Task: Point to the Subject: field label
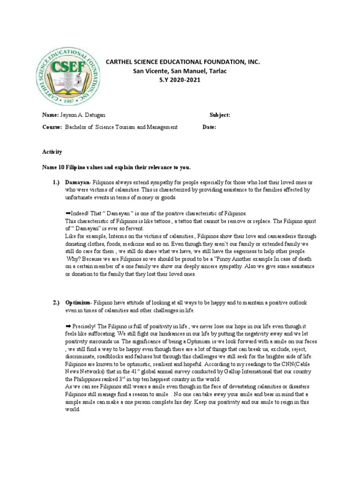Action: click(219, 115)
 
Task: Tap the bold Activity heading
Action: click(52, 152)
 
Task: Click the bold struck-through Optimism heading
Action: click(77, 303)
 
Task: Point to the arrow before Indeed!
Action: click(68, 212)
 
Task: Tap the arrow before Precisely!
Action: click(68, 325)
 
